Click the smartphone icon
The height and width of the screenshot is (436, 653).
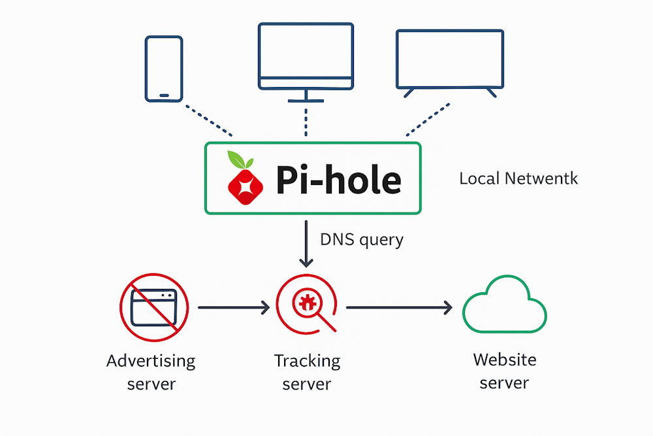(x=163, y=69)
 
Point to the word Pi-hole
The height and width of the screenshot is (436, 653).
(x=338, y=179)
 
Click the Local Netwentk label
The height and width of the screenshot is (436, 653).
(x=518, y=178)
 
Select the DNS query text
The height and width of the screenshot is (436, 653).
(x=362, y=240)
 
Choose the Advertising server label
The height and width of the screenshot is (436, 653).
(x=151, y=371)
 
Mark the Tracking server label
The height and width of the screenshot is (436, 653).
(x=307, y=371)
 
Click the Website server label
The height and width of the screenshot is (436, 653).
(x=504, y=370)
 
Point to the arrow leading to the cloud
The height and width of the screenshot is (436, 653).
(x=399, y=307)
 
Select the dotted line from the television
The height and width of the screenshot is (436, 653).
(x=428, y=119)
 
